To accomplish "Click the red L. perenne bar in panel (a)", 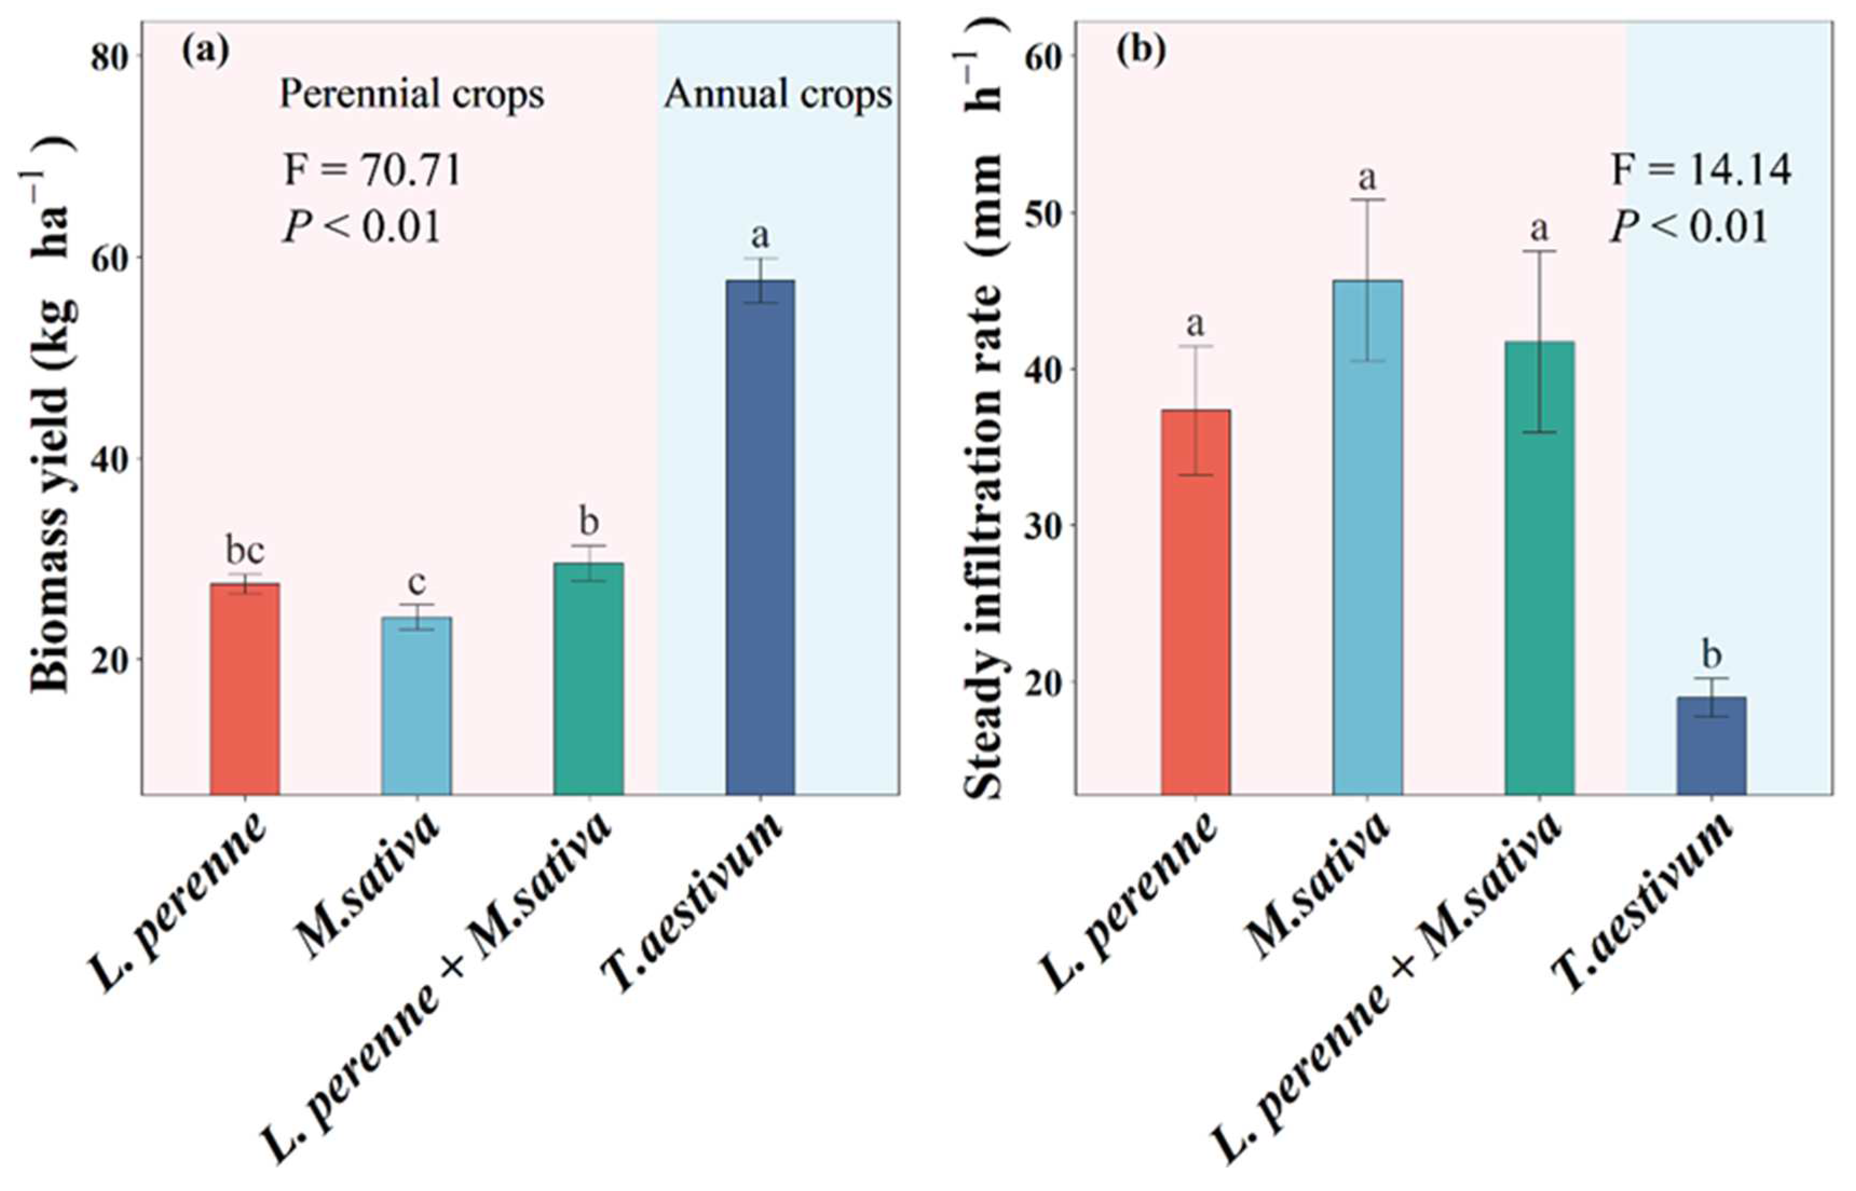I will tap(244, 688).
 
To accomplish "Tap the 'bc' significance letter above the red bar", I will tap(244, 551).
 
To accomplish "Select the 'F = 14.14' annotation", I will tap(1701, 170).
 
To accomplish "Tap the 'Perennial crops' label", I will tap(412, 95).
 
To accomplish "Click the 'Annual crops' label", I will tap(778, 95).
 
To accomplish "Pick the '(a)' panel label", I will tap(206, 52).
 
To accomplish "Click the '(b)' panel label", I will tap(1140, 52).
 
